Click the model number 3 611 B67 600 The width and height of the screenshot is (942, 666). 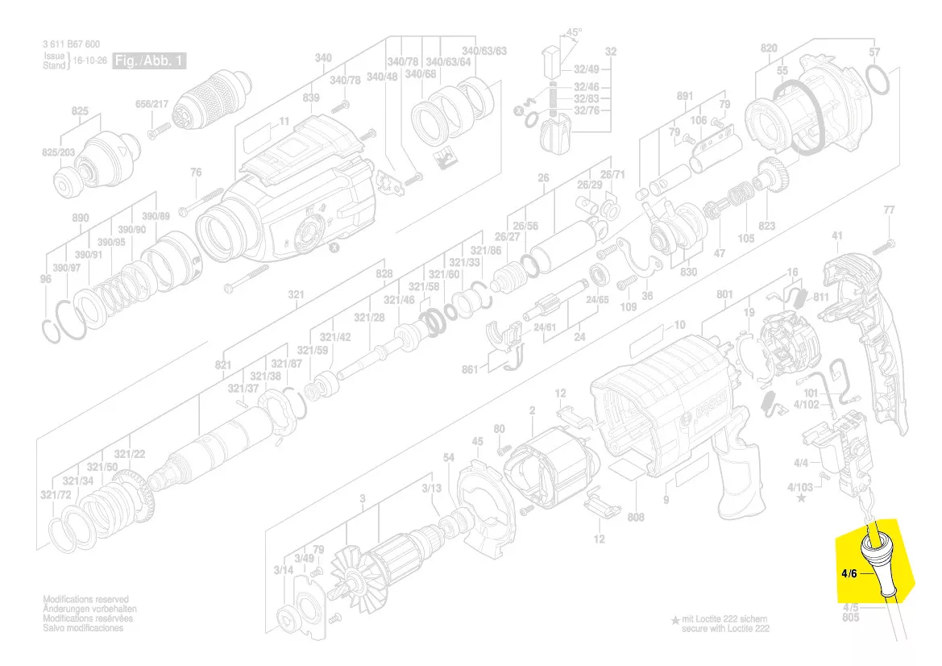pos(72,45)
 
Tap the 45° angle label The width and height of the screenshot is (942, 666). pos(574,32)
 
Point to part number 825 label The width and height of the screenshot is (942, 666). pos(80,110)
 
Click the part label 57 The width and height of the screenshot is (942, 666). pos(874,52)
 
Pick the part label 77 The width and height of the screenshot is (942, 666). pos(889,210)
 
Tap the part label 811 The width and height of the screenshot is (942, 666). pos(821,297)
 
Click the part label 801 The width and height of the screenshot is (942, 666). pos(724,295)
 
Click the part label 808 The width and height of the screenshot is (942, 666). pos(636,517)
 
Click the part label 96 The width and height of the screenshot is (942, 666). pos(45,279)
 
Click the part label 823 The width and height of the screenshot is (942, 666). pos(766,227)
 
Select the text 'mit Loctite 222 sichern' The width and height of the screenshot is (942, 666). pos(724,618)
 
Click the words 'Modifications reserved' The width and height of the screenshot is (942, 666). pos(85,600)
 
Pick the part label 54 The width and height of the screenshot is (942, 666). pos(449,458)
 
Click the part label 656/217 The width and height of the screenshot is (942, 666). pos(151,103)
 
